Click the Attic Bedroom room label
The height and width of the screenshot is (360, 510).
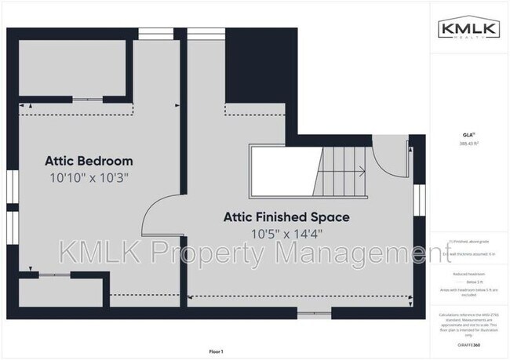(x=88, y=161)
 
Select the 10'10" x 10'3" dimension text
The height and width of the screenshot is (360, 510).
(x=88, y=177)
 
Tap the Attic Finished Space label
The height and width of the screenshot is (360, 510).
(x=286, y=216)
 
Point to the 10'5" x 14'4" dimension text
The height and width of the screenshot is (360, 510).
(x=286, y=233)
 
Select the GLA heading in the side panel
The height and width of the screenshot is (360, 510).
(x=469, y=135)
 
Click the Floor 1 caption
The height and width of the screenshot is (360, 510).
(x=217, y=351)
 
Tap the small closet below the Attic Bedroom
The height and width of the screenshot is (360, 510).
(x=59, y=292)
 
